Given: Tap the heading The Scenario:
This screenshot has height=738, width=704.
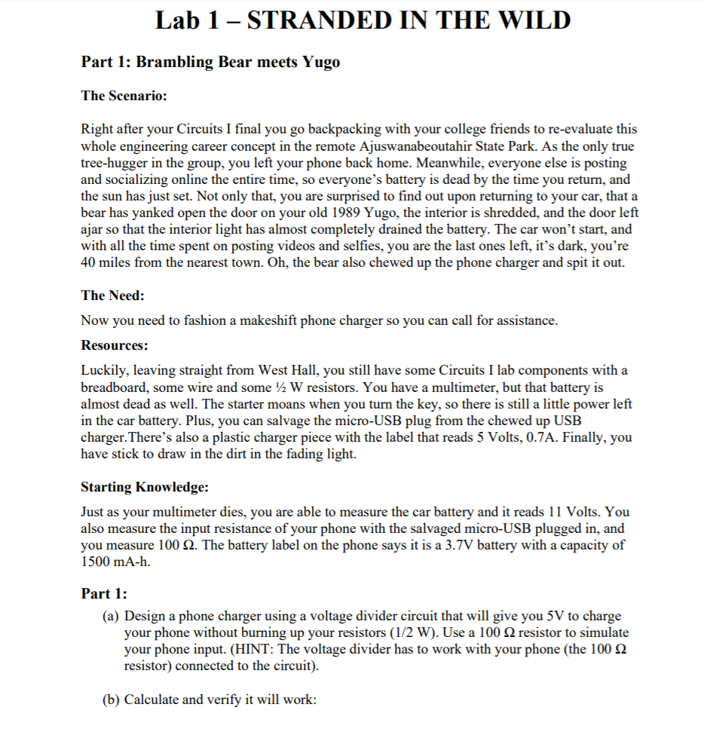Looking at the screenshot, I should click(124, 96).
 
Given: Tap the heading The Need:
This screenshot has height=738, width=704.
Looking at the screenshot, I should click(113, 296).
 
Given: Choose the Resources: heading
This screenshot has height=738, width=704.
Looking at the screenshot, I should click(115, 345).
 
